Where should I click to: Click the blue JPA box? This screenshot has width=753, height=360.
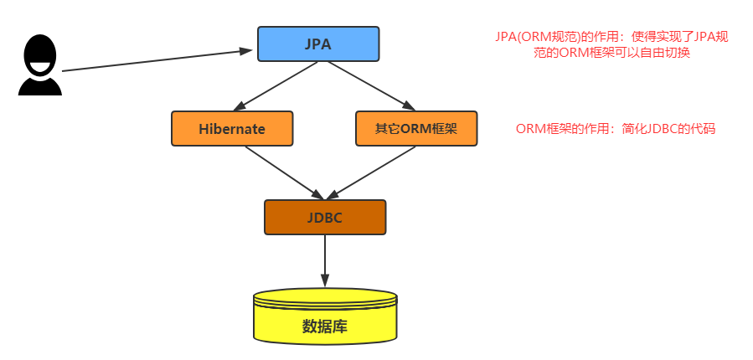[317, 44]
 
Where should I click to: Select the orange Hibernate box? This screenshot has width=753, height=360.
[232, 128]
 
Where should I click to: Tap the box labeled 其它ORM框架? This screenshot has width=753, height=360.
[416, 128]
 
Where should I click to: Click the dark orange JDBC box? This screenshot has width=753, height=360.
[325, 217]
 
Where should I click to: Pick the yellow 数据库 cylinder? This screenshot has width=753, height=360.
[324, 319]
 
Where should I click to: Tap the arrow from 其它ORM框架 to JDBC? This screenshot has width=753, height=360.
[369, 172]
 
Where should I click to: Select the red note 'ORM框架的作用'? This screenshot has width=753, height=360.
[616, 129]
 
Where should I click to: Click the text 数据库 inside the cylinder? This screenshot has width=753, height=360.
[324, 327]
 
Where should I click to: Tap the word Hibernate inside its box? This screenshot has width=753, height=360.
[232, 129]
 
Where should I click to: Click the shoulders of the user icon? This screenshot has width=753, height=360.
[39, 85]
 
